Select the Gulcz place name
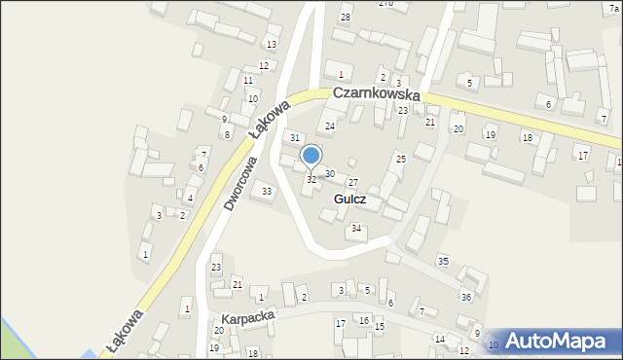click(x=349, y=198)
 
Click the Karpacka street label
click(x=248, y=318)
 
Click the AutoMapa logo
click(x=555, y=342)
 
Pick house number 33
click(x=268, y=191)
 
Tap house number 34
click(x=357, y=229)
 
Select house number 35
click(x=443, y=261)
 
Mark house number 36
click(x=466, y=297)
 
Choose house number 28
click(x=346, y=18)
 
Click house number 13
click(x=272, y=45)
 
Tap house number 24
click(x=330, y=126)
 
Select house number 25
click(x=400, y=158)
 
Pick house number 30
click(x=330, y=174)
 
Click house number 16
click(x=364, y=320)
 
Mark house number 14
click(x=439, y=339)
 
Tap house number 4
click(x=190, y=198)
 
